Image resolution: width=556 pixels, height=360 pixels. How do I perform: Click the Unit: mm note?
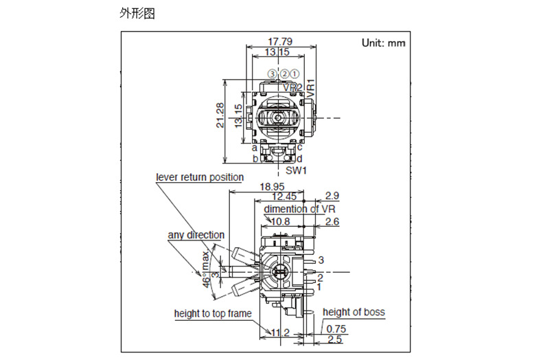(383, 43)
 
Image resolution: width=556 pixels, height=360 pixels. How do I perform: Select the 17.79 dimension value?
(280, 41)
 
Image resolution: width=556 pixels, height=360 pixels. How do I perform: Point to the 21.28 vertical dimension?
(220, 115)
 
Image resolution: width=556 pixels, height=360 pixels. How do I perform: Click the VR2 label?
(292, 87)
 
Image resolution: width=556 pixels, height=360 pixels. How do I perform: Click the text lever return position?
(199, 177)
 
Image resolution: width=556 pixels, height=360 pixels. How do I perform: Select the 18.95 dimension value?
(272, 187)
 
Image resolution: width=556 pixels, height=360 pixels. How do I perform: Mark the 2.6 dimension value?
(332, 221)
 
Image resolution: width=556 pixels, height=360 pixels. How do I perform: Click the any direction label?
(196, 235)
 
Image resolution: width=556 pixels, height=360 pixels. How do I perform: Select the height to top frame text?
(212, 314)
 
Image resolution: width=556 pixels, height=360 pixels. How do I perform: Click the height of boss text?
(354, 312)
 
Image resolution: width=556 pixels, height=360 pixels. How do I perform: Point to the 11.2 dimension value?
(279, 333)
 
